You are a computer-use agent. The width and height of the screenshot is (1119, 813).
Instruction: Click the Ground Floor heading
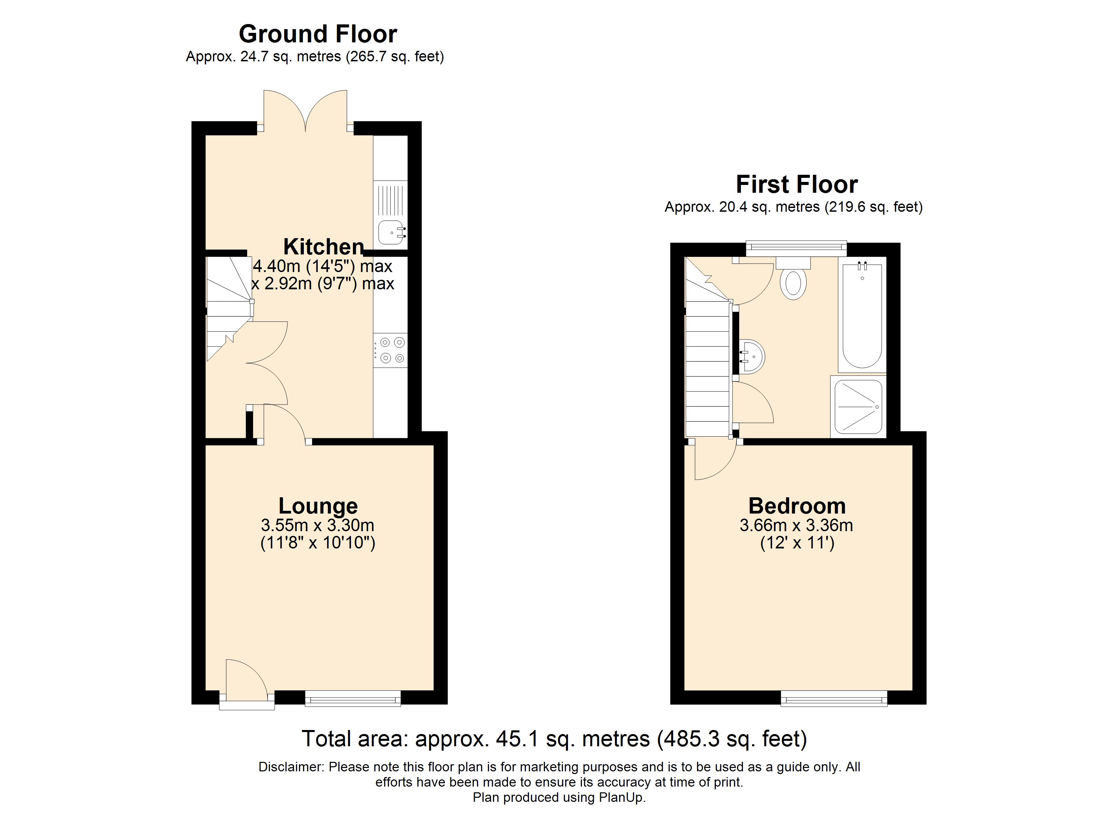click(x=318, y=34)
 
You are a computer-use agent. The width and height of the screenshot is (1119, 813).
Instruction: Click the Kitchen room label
click(x=323, y=246)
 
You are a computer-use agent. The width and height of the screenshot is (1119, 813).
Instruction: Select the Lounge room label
click(x=318, y=506)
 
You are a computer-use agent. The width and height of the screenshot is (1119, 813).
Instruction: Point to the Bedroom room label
click(x=797, y=506)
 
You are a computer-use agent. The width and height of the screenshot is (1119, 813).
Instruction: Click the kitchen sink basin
click(x=391, y=233)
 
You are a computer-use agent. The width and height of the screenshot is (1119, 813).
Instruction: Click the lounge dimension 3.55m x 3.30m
click(x=317, y=525)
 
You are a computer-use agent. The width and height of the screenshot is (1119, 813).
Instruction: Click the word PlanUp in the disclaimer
click(x=621, y=797)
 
